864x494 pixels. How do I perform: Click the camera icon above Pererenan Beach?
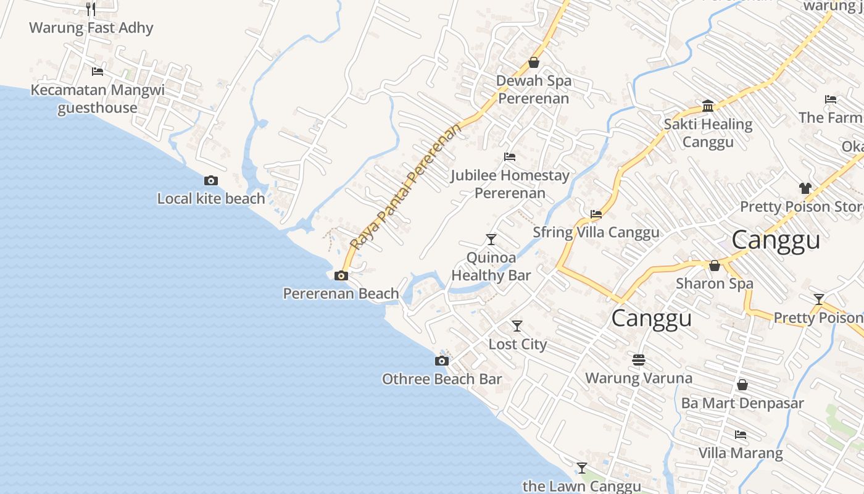pyautogui.click(x=341, y=275)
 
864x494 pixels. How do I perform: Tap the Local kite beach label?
pyautogui.click(x=211, y=198)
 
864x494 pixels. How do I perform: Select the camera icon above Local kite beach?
pyautogui.click(x=211, y=180)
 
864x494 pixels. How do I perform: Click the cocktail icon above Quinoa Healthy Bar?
pyautogui.click(x=491, y=239)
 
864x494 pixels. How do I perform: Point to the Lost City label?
pyautogui.click(x=517, y=344)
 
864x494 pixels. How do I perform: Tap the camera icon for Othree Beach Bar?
pyautogui.click(x=442, y=361)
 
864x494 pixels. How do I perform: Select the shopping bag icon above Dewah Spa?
pyautogui.click(x=534, y=62)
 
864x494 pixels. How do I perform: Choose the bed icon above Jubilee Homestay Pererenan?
pyautogui.click(x=510, y=157)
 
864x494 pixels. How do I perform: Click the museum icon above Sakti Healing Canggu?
pyautogui.click(x=708, y=106)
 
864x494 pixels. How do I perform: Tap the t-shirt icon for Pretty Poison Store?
pyautogui.click(x=805, y=188)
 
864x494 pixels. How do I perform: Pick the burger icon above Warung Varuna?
pyautogui.click(x=639, y=359)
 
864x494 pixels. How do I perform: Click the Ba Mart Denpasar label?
pyautogui.click(x=742, y=403)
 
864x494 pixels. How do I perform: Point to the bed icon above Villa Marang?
pyautogui.click(x=741, y=435)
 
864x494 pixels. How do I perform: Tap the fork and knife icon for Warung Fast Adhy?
pyautogui.click(x=91, y=9)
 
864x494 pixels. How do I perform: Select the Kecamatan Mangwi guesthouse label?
pyautogui.click(x=98, y=99)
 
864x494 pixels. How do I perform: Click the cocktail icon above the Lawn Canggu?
pyautogui.click(x=581, y=468)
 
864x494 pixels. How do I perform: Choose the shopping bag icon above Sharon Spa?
pyautogui.click(x=715, y=266)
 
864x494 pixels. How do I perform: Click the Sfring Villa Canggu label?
pyautogui.click(x=596, y=232)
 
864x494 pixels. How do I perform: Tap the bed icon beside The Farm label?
pyautogui.click(x=831, y=99)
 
